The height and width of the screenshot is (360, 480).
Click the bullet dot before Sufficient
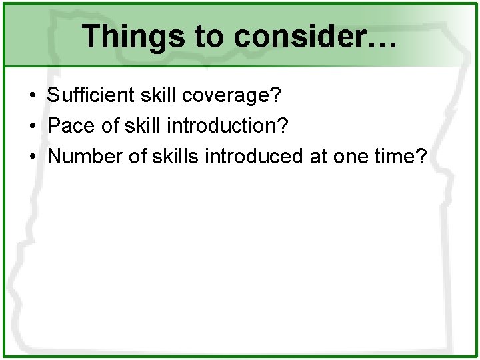(x=32, y=95)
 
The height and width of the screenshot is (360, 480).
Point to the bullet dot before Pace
(x=32, y=126)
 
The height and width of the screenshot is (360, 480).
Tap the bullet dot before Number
(x=32, y=157)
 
